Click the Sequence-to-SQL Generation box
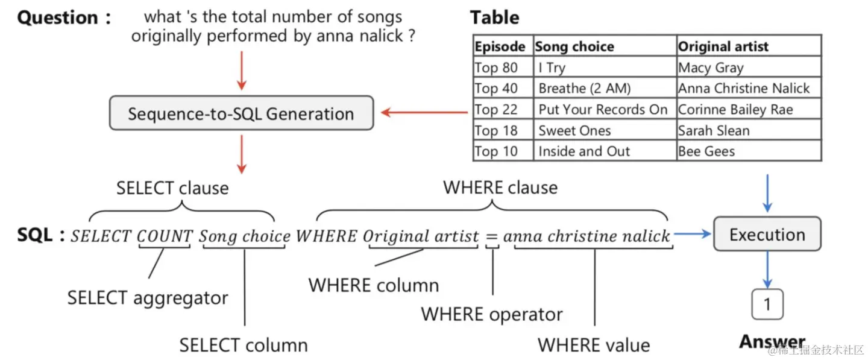tap(241, 113)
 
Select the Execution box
tap(767, 234)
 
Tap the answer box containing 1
tap(767, 305)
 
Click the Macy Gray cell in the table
tap(711, 68)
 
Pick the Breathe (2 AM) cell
tap(584, 89)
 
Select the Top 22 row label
tap(495, 110)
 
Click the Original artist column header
tap(723, 46)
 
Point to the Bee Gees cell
tap(706, 151)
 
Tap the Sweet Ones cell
tap(574, 131)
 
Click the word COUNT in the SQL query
tap(165, 236)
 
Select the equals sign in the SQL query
tap(492, 236)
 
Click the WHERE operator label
tap(491, 314)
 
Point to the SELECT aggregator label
tap(148, 298)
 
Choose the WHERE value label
tap(594, 345)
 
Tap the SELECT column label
tap(244, 345)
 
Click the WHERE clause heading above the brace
tap(500, 187)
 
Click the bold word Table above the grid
tap(494, 17)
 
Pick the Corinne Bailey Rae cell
tap(735, 110)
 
